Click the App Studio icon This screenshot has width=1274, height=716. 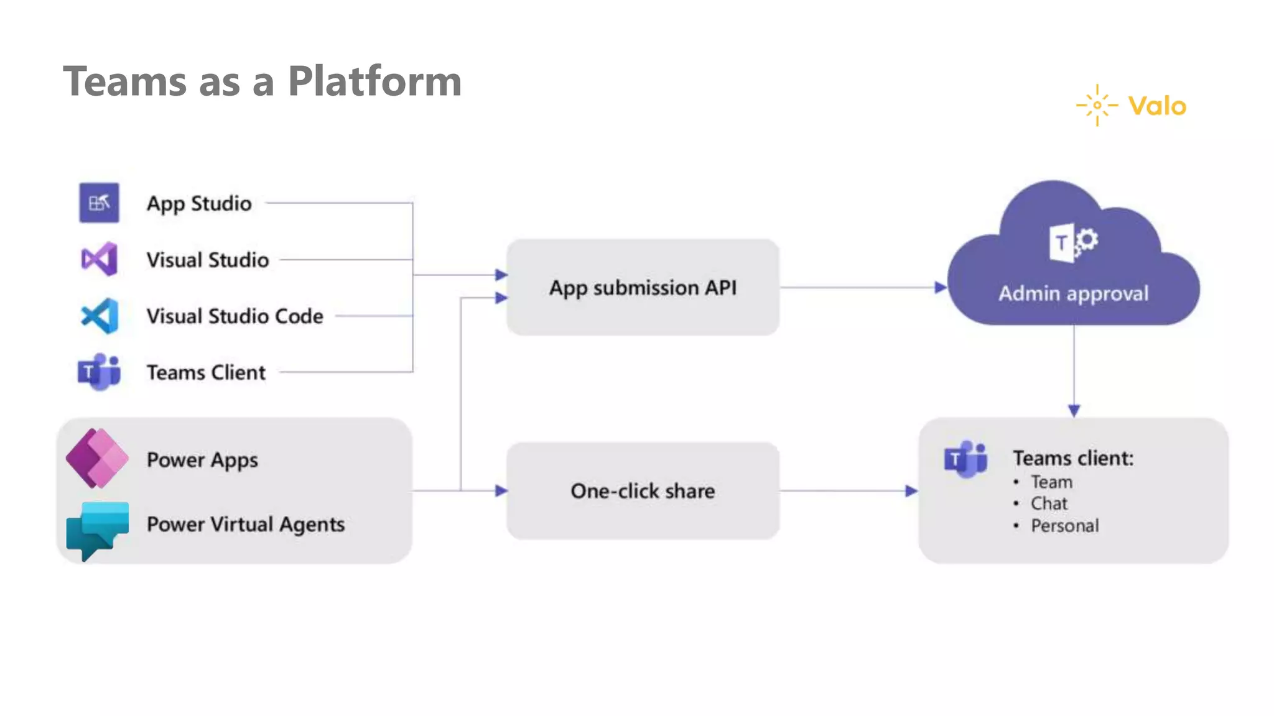(x=99, y=203)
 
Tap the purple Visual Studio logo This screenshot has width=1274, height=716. (x=100, y=259)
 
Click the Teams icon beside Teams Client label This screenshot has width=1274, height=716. (x=99, y=372)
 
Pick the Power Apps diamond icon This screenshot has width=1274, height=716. (x=97, y=458)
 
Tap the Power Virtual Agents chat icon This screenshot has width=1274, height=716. (x=97, y=530)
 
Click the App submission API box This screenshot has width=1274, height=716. (x=643, y=288)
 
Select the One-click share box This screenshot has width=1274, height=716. (x=643, y=491)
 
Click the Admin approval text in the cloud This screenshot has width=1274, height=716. (x=1073, y=293)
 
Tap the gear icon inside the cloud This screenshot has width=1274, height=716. (x=1087, y=240)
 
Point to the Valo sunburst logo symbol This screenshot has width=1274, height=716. (x=1097, y=105)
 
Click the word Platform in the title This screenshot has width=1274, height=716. (x=374, y=81)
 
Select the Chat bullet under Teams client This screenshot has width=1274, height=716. (x=1049, y=503)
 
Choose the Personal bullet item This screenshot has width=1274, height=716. (x=1064, y=526)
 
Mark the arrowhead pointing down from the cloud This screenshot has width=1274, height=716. (x=1074, y=410)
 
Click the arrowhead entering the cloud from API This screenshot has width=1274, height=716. (x=941, y=288)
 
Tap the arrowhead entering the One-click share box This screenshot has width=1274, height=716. (x=501, y=491)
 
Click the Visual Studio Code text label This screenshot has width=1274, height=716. (x=235, y=316)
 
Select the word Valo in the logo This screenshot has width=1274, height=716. (x=1157, y=106)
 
